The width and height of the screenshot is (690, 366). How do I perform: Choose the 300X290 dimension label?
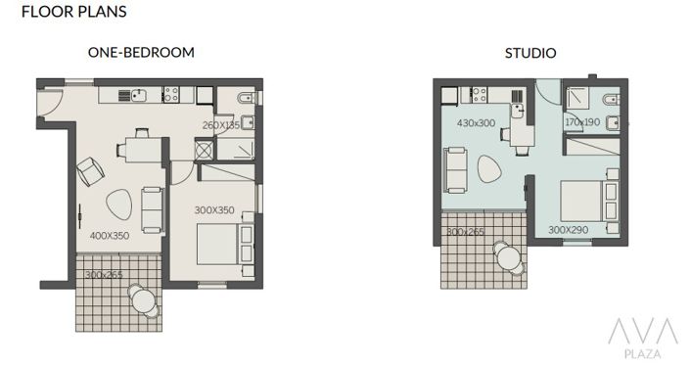click(569, 230)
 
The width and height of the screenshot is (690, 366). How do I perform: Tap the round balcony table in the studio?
click(508, 256)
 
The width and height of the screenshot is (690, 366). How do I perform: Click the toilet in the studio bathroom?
click(609, 99)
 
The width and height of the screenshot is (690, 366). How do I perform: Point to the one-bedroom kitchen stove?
click(170, 95)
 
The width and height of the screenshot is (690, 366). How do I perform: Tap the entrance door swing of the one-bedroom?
click(49, 100)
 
